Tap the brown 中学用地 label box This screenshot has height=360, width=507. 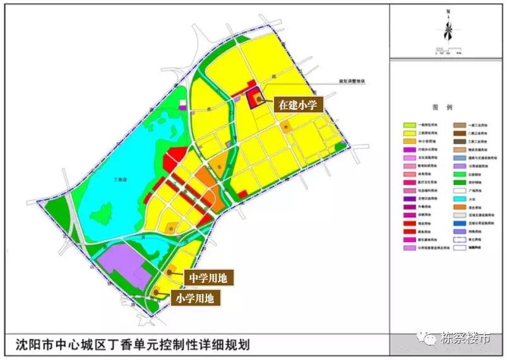pos(208,277)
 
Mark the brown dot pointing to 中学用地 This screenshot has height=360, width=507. pos(170,272)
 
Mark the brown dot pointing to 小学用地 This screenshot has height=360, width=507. pos(156,292)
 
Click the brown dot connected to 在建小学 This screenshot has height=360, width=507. pos(259,98)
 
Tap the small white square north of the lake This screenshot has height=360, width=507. pos(183,103)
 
